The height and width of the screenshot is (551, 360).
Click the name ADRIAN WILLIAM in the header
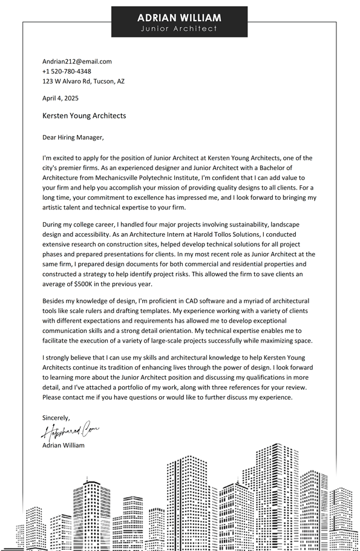(x=179, y=18)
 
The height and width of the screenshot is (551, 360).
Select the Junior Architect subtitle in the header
(x=179, y=28)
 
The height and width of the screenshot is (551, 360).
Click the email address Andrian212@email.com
(x=77, y=61)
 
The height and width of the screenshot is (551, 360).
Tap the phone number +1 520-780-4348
(x=67, y=71)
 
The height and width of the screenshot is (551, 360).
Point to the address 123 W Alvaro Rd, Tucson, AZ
(x=83, y=81)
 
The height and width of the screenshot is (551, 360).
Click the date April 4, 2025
(x=61, y=98)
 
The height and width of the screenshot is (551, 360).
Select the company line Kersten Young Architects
(x=84, y=116)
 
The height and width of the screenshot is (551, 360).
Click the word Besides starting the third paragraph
(x=54, y=301)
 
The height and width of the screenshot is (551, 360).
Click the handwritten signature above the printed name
(x=70, y=431)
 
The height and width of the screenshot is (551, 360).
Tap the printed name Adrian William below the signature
(x=64, y=445)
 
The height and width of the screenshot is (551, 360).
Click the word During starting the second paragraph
(x=53, y=225)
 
